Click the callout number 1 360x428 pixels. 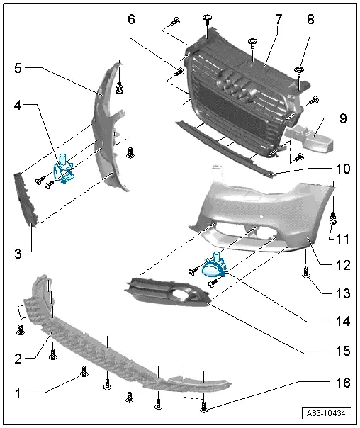pyautogui.click(x=18, y=390)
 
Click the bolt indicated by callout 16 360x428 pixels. pyautogui.click(x=204, y=406)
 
